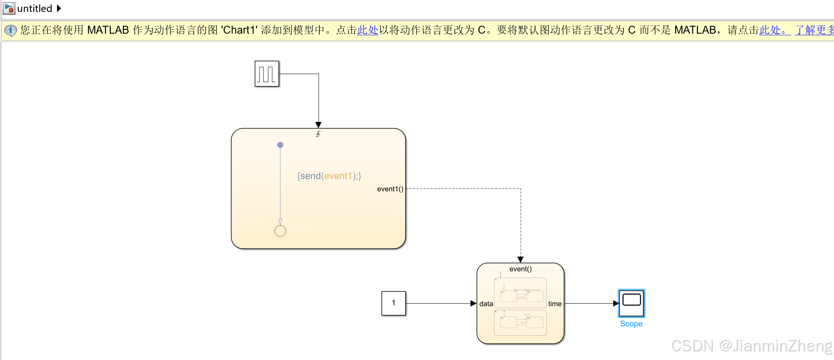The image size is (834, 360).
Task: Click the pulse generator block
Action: click(x=267, y=74)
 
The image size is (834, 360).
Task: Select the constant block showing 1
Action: click(x=393, y=303)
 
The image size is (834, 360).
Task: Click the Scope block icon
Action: click(x=631, y=303)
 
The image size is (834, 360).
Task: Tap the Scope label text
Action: click(x=631, y=324)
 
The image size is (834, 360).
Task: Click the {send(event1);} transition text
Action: click(x=329, y=176)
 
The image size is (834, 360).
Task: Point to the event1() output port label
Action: click(x=390, y=189)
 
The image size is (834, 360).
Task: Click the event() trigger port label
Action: click(x=520, y=269)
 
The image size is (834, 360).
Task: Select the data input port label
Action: click(x=486, y=304)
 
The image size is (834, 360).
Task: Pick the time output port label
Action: click(x=555, y=304)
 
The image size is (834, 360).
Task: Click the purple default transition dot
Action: click(x=280, y=145)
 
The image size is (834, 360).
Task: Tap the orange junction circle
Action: click(x=280, y=231)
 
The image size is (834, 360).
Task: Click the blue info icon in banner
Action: click(x=11, y=30)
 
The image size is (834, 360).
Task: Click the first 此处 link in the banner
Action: click(x=367, y=30)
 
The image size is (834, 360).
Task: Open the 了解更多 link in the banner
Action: click(x=814, y=30)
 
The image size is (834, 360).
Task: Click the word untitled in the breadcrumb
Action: click(x=34, y=8)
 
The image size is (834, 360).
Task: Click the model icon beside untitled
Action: click(x=9, y=8)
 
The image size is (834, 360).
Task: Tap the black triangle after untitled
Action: click(x=59, y=8)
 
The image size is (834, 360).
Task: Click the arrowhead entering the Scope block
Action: click(x=616, y=303)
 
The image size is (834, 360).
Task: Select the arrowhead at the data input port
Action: click(x=473, y=303)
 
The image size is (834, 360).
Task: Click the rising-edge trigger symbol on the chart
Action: click(x=318, y=134)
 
